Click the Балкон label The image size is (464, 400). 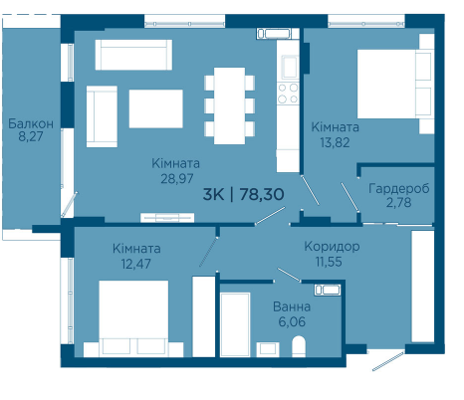click(31, 123)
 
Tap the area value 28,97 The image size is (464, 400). click(177, 179)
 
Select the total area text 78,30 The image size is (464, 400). click(262, 194)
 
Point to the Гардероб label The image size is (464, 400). click(399, 188)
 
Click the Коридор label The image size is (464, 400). click(332, 247)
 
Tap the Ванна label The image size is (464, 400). click(292, 306)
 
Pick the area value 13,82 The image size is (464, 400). click(335, 142)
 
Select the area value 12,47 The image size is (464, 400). click(136, 264)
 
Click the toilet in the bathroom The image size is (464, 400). click(299, 346)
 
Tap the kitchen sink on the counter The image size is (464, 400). click(290, 67)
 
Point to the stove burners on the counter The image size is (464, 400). click(288, 94)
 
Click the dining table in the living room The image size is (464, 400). click(229, 105)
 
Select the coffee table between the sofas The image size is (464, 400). click(156, 108)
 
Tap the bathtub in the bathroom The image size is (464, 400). click(235, 324)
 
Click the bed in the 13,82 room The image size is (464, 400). click(395, 84)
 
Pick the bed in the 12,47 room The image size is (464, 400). click(133, 318)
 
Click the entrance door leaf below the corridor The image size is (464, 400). click(388, 361)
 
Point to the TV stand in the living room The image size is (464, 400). click(167, 218)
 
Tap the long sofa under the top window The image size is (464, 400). click(133, 55)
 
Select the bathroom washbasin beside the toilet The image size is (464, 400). click(268, 349)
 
